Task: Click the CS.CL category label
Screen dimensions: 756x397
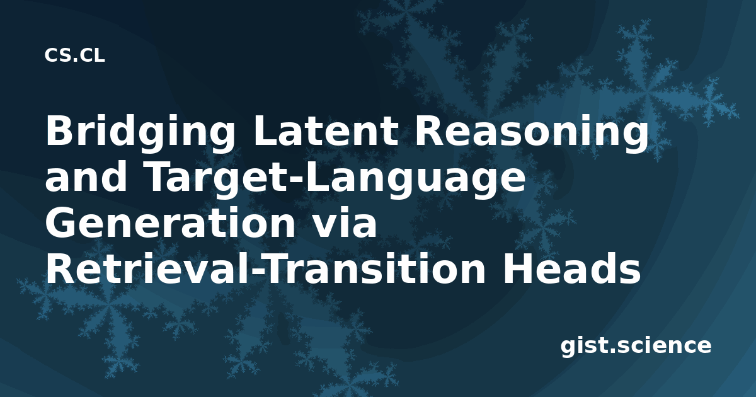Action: pos(74,55)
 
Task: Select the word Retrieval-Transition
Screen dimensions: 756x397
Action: pos(265,268)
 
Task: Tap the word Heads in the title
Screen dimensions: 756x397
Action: pos(571,268)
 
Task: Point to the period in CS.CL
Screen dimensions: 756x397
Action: pos(75,60)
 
